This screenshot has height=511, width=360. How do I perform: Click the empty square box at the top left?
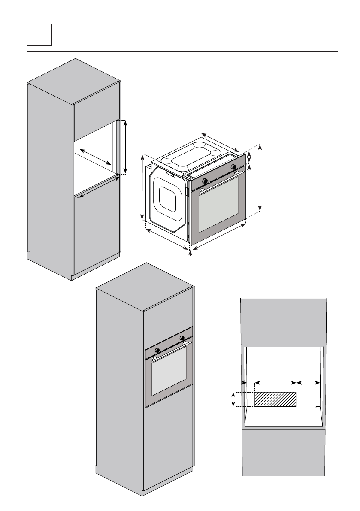(39, 35)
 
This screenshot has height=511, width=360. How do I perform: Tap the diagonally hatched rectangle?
(275, 399)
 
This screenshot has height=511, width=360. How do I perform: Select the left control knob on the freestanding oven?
(205, 180)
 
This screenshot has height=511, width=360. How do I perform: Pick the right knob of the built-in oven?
(182, 337)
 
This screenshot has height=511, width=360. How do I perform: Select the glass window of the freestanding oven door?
(218, 203)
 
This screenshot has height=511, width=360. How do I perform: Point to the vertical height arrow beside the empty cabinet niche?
(126, 147)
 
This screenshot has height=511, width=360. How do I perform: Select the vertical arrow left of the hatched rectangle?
(233, 399)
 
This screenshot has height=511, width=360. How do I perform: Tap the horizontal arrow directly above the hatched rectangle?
(275, 382)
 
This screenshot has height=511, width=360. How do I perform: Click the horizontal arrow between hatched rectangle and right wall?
(309, 382)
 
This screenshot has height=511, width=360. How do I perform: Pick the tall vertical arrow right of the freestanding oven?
(260, 178)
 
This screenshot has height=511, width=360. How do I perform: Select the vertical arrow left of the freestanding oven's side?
(143, 188)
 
